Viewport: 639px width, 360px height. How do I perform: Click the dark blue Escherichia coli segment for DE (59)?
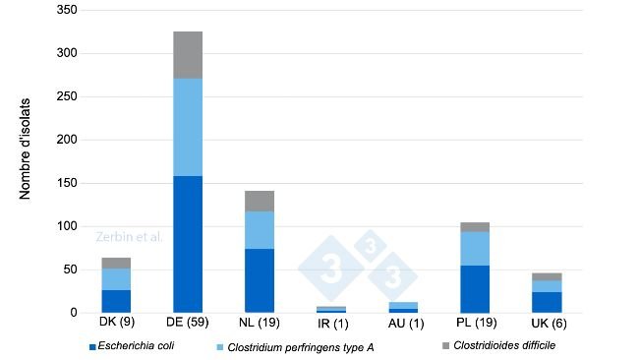[x=188, y=244]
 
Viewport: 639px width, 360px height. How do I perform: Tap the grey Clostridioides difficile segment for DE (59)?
[x=188, y=55]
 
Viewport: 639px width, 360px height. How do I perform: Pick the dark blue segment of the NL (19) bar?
[x=260, y=280]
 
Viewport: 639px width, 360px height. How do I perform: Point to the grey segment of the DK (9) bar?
[x=116, y=263]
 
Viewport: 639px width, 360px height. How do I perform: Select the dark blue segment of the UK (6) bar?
[x=547, y=302]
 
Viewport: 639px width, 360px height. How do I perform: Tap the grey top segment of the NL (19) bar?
[x=260, y=201]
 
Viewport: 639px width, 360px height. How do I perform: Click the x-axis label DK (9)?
[x=116, y=324]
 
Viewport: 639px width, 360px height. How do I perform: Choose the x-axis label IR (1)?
[x=331, y=324]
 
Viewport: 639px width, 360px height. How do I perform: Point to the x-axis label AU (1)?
[x=403, y=324]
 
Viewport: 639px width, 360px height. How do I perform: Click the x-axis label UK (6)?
[x=547, y=324]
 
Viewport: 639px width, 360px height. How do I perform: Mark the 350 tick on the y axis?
[x=68, y=10]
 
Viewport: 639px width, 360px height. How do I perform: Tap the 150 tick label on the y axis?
[x=68, y=183]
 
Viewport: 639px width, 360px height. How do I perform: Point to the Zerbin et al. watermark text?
[x=129, y=237]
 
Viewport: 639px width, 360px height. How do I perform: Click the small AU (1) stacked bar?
[x=403, y=307]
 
